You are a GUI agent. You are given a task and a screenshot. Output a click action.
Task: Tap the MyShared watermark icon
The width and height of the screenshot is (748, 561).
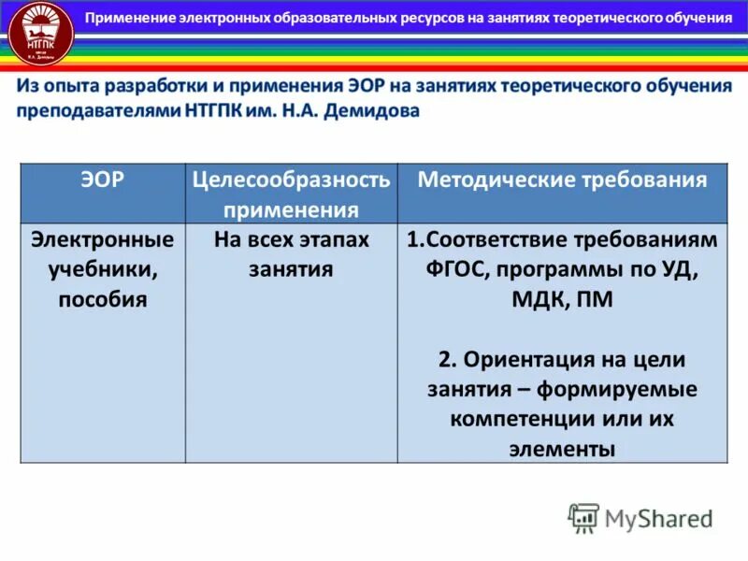click(x=583, y=517)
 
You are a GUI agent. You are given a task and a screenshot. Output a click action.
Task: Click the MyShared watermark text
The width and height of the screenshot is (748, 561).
click(x=658, y=518)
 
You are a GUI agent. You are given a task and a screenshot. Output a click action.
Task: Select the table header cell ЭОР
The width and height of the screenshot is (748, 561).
click(x=103, y=180)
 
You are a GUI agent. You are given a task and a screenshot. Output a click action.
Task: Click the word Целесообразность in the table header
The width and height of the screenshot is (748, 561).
click(x=291, y=180)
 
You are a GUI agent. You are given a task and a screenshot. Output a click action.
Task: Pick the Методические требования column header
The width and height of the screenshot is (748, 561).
click(x=562, y=180)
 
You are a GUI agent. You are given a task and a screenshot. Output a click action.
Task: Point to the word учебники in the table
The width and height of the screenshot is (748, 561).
click(x=103, y=270)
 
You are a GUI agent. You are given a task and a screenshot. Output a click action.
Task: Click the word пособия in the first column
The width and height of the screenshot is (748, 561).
click(x=103, y=300)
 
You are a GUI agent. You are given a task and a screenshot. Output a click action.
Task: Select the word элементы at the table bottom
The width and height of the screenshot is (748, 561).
click(x=562, y=448)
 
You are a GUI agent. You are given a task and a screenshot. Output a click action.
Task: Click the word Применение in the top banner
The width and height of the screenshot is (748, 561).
click(x=137, y=18)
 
